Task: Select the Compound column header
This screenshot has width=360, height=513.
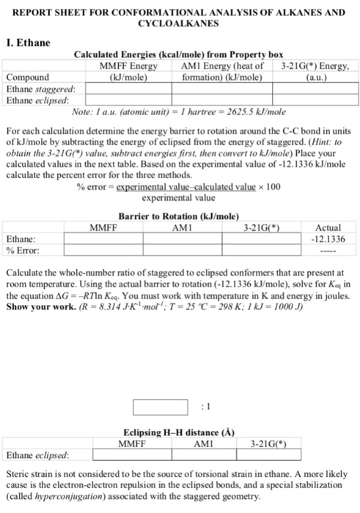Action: (27, 76)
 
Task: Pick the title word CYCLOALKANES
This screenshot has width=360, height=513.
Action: (180, 23)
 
